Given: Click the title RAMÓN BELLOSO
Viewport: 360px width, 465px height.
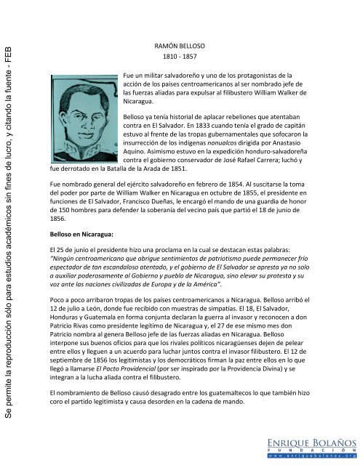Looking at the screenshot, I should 179,45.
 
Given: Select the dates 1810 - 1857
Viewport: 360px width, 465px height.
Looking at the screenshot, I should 179,57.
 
